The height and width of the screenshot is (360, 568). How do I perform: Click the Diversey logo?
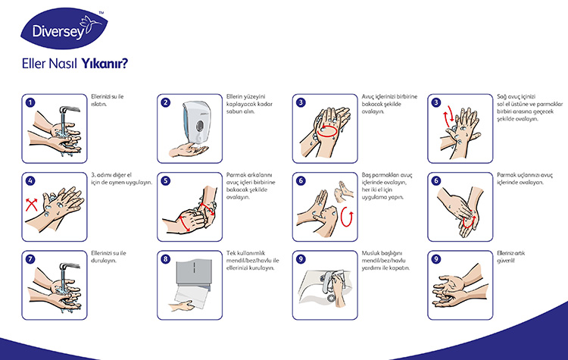point(64,28)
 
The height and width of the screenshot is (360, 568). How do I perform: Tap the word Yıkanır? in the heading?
point(105,64)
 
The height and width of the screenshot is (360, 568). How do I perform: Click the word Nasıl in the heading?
point(63,64)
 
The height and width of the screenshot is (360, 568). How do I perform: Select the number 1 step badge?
point(30,102)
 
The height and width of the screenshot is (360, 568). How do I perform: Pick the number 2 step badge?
point(166,102)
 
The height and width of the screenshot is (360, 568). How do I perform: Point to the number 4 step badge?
point(30,181)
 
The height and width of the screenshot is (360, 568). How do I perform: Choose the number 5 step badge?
point(166,181)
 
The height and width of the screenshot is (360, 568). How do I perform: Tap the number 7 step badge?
point(30,259)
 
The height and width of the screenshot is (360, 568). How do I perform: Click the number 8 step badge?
point(166,259)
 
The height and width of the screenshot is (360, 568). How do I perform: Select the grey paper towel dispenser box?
point(193,273)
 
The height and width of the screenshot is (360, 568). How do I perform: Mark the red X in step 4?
point(32,205)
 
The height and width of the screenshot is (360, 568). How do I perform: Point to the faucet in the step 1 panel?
point(69,109)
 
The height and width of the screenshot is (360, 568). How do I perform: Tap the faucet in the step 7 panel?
point(69,267)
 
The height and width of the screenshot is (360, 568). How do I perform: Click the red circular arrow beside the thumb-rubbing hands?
point(347,217)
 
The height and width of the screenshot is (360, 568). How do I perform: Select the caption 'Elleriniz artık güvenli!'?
point(510,257)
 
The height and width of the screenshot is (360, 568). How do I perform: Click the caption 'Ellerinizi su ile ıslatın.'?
point(108,100)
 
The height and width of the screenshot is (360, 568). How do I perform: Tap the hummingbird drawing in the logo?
point(91,24)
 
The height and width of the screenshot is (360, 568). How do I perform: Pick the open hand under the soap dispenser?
point(188,150)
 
